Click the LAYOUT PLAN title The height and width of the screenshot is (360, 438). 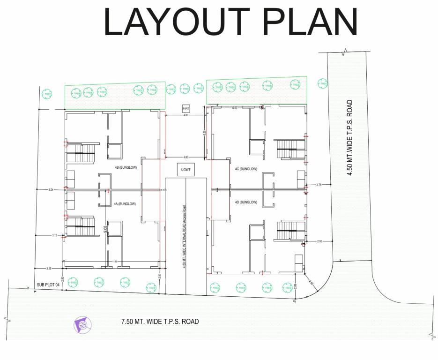click(x=230, y=22)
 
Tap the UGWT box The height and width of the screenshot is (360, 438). click(x=186, y=169)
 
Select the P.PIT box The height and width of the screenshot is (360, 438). click(x=186, y=108)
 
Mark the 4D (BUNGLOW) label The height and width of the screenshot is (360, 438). click(x=245, y=202)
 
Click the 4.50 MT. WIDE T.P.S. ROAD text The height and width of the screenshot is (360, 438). click(x=349, y=138)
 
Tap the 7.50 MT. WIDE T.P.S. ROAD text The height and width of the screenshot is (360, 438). click(x=160, y=322)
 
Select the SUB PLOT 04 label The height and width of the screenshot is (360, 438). click(x=49, y=285)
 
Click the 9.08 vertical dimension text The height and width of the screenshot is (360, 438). click(x=105, y=229)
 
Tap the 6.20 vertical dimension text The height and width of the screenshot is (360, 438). click(x=204, y=133)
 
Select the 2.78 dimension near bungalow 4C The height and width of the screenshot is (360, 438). click(x=319, y=185)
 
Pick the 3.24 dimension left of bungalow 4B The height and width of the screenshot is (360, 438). click(x=51, y=190)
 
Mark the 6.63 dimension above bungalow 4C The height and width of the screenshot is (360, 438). click(x=235, y=108)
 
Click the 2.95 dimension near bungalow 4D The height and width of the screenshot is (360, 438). click(x=319, y=241)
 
